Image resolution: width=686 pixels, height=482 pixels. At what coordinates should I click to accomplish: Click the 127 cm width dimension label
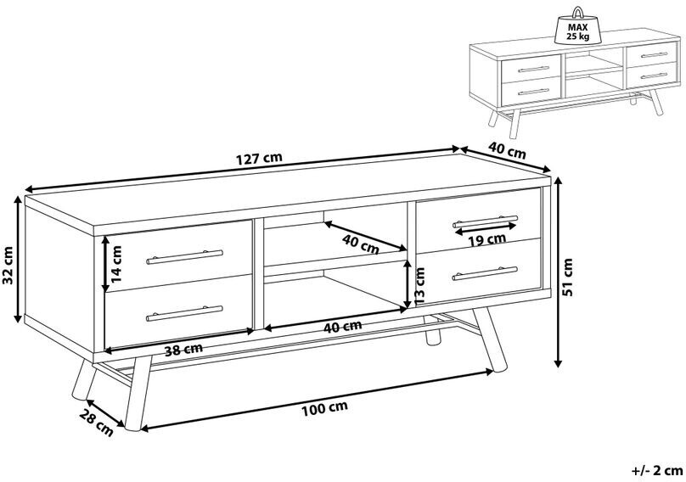point(260,159)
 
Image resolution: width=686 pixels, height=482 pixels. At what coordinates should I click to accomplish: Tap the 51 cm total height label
point(568,277)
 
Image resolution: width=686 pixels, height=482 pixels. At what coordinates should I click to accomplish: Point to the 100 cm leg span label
point(324,407)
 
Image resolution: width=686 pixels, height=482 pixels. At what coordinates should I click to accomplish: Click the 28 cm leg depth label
point(96,422)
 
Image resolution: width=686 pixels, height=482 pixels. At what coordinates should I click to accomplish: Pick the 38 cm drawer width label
point(183,350)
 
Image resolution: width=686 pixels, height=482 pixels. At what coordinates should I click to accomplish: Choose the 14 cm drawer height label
point(116,263)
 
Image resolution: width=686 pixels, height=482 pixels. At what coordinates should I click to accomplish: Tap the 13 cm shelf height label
point(419,286)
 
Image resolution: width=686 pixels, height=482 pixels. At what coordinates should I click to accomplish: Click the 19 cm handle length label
point(487,239)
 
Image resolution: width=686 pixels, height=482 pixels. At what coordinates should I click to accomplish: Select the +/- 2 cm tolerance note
point(657,471)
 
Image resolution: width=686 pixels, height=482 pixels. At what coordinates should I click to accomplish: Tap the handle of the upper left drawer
point(184,257)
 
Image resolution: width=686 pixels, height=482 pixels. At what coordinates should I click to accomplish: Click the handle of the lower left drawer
point(184,314)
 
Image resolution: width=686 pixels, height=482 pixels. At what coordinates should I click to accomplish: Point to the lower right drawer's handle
point(485,273)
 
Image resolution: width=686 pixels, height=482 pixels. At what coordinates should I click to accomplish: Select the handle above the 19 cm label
point(485,221)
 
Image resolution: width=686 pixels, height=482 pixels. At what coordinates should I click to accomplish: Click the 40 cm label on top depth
point(507,151)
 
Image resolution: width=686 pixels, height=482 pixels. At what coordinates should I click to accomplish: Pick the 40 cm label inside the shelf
point(360,244)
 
